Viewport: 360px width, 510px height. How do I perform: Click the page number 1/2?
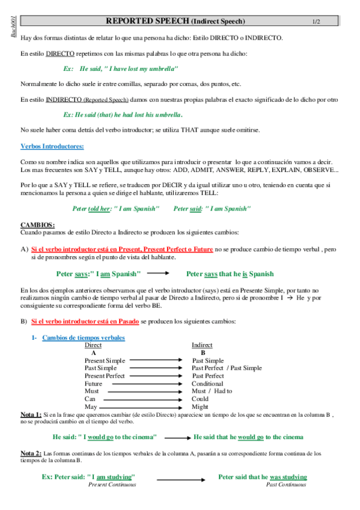pyautogui.click(x=316, y=22)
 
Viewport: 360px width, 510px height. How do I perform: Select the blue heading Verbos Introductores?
pyautogui.click(x=52, y=146)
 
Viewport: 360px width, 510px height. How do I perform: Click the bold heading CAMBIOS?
pyautogui.click(x=37, y=224)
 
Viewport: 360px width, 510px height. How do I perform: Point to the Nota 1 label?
pyautogui.click(x=31, y=414)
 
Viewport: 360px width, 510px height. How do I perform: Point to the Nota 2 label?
pyautogui.click(x=31, y=453)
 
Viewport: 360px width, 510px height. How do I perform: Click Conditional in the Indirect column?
pyautogui.click(x=207, y=384)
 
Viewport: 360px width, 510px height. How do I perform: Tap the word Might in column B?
pyautogui.click(x=200, y=407)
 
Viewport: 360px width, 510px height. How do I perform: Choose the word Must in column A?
pyautogui.click(x=91, y=391)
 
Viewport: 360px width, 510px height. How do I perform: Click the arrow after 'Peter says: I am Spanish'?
pyautogui.click(x=165, y=274)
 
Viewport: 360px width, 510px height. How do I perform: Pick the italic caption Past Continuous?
pyautogui.click(x=286, y=484)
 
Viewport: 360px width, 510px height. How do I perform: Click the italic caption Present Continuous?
pyautogui.click(x=112, y=484)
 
